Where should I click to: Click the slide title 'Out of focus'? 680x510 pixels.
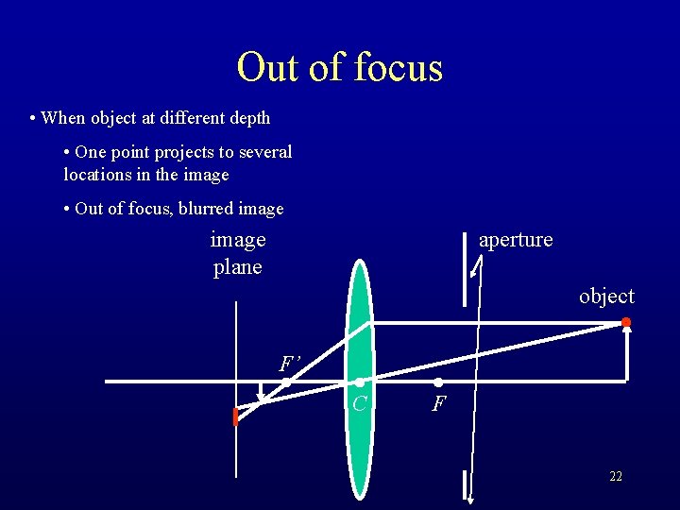point(339,67)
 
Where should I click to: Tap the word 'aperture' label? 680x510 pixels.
point(516,240)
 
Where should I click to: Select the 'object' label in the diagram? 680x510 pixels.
point(606,297)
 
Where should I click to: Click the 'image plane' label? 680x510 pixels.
point(238,253)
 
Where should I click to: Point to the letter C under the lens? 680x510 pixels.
point(359,405)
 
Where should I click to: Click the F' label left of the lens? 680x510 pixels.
point(289,364)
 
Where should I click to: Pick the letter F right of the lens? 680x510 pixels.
point(438,405)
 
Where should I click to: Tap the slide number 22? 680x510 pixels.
point(616,477)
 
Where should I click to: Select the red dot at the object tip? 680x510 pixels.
point(626,323)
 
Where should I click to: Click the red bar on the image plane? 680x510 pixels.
point(235,416)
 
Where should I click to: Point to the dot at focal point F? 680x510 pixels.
point(438,382)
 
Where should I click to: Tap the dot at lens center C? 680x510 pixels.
point(360,382)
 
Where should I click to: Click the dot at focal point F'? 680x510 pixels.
point(286,382)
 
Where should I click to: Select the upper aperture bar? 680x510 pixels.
point(466,269)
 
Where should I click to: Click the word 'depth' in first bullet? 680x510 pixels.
point(249,118)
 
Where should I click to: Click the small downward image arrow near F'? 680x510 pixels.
point(262,394)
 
